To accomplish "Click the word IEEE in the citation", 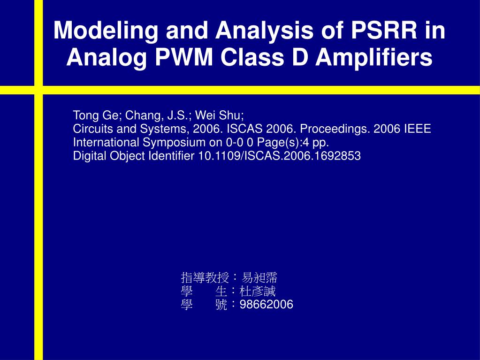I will point(417,129).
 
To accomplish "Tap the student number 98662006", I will point(267,305).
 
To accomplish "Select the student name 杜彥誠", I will point(258,291).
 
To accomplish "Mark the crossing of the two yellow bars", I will point(38,90).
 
